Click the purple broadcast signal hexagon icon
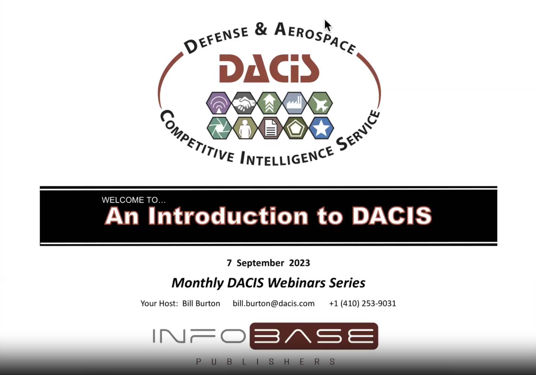tap(219, 103)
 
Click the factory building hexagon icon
tap(295, 103)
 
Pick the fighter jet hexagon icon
tap(320, 103)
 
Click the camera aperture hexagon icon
tap(219, 128)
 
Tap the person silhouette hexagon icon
tap(245, 128)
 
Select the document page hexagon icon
tap(270, 128)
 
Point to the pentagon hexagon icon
tap(296, 128)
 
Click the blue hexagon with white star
tap(321, 128)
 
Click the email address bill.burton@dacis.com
tap(274, 304)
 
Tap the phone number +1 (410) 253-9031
tap(362, 304)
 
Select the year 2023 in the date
tap(299, 263)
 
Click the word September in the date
tap(260, 263)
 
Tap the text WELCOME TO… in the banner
tap(134, 200)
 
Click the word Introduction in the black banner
tap(228, 216)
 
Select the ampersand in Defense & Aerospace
tap(261, 29)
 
